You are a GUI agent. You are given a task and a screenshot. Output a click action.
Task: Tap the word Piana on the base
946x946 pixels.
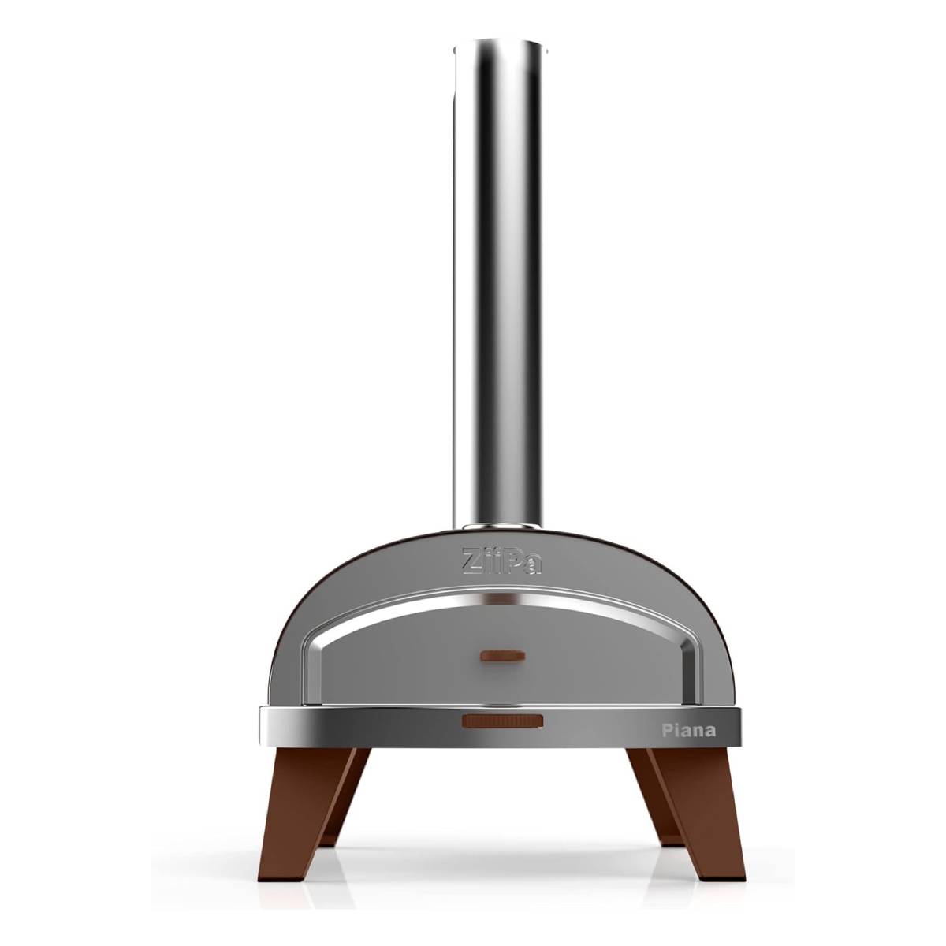(688, 731)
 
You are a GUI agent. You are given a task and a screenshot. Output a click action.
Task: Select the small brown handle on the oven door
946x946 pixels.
(503, 656)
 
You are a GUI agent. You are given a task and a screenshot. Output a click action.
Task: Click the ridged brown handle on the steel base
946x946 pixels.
(502, 721)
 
